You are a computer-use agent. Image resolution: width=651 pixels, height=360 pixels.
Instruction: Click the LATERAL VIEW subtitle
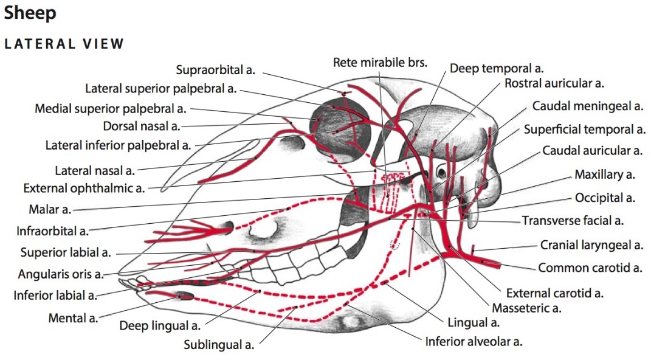tap(64, 44)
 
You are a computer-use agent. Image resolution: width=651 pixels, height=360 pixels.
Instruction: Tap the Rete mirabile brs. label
tap(380, 62)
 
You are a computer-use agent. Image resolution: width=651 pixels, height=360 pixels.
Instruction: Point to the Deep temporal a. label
tap(497, 68)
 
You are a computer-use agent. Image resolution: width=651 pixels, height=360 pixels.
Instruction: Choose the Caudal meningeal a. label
tap(587, 106)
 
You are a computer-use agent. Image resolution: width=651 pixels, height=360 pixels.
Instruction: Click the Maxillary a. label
tap(605, 175)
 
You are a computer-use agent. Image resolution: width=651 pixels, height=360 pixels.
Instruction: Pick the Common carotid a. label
tap(590, 268)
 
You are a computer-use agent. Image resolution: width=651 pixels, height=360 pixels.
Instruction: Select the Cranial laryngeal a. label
tap(591, 246)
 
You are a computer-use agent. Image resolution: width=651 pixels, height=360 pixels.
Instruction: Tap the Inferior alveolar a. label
tap(474, 342)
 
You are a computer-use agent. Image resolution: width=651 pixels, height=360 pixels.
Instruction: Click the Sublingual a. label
tap(219, 345)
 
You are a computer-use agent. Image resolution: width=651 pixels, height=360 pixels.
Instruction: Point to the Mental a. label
tap(73, 318)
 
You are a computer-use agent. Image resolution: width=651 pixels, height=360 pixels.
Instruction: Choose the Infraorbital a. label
tap(52, 231)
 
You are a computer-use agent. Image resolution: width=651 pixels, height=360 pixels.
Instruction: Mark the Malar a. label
tap(50, 210)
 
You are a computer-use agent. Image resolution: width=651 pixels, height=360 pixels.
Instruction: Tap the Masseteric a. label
tap(526, 308)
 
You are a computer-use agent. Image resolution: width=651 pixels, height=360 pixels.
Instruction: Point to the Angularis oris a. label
tap(61, 274)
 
